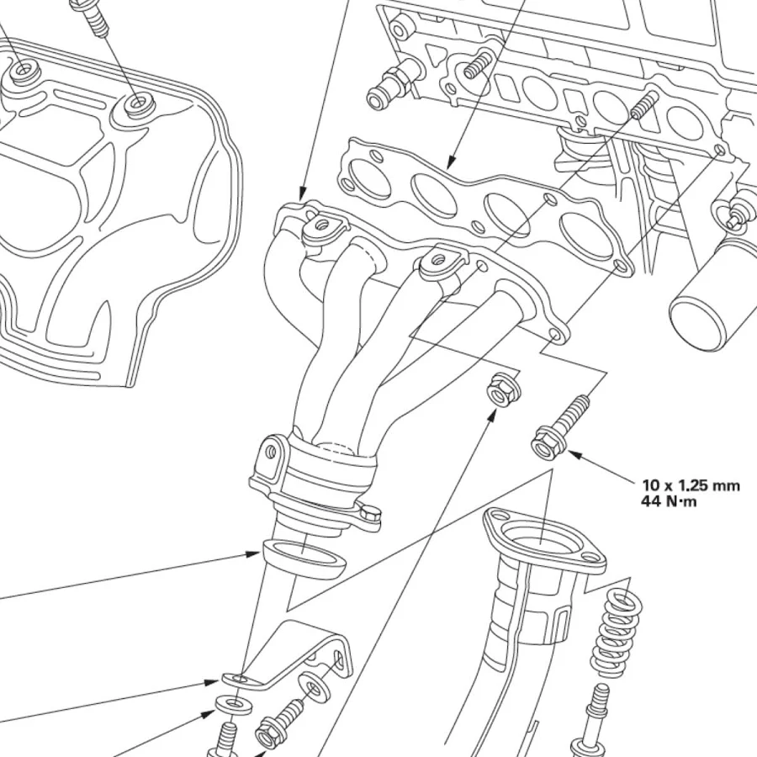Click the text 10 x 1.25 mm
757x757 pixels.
point(691,485)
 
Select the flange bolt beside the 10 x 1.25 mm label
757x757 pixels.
point(560,426)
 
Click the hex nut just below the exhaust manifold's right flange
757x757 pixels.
point(503,387)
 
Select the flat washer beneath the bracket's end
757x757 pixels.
point(233,704)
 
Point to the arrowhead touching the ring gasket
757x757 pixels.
point(253,553)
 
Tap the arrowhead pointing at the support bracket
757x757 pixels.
point(211,682)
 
